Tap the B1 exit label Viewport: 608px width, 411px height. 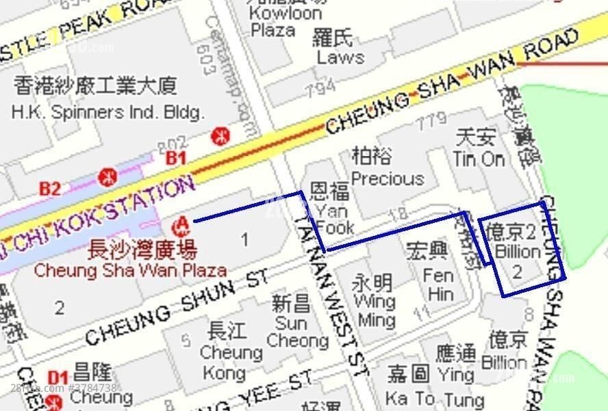[x=177, y=158]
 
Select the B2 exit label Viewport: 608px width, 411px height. [x=49, y=188]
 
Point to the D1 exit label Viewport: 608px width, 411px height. [x=58, y=377]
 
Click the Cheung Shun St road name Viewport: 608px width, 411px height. [x=177, y=308]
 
